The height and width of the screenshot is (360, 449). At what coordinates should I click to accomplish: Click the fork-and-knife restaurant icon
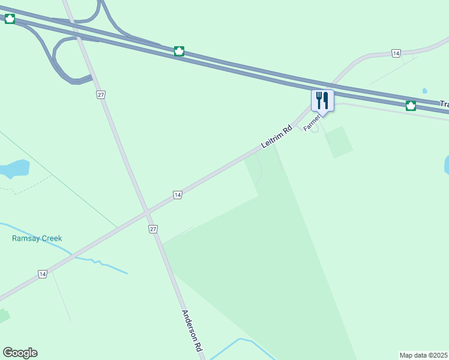pos(322,101)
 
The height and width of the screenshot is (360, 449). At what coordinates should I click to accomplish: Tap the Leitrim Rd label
pos(276,137)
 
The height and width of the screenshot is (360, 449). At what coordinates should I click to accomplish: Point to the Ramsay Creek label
pos(37,238)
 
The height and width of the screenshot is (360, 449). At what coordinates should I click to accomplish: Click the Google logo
pos(20,353)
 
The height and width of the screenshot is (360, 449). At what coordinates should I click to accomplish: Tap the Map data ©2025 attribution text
pos(424,355)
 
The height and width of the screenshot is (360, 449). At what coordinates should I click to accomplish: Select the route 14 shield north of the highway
pos(396,53)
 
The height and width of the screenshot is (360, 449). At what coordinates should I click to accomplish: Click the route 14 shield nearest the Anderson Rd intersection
pos(177,195)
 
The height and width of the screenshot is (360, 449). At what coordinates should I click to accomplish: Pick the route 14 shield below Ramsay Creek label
pos(42,274)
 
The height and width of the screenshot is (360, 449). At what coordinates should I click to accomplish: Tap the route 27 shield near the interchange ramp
pos(101,95)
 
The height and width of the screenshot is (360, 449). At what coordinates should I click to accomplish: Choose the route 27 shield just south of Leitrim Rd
pos(153,229)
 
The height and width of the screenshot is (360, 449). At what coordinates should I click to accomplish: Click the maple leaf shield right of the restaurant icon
pos(411,106)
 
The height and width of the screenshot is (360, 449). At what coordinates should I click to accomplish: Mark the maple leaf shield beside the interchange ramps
pos(10,19)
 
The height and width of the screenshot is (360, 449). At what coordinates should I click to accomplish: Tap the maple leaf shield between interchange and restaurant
pos(179,51)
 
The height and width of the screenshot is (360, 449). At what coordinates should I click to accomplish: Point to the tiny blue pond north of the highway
pos(425,91)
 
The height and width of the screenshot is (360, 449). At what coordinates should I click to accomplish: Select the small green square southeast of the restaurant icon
pos(339,142)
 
